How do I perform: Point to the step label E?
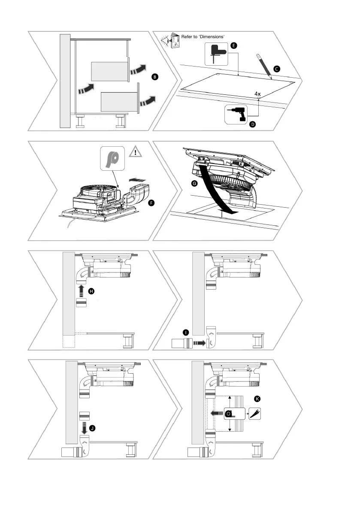point(233,45)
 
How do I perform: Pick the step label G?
point(195,183)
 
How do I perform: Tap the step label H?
point(91,291)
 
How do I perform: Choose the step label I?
point(185,333)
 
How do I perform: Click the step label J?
point(92,428)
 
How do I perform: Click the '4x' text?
point(257,93)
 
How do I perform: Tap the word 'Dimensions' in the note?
point(212,36)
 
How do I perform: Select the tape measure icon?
point(231,414)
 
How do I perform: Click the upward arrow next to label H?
point(81,291)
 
